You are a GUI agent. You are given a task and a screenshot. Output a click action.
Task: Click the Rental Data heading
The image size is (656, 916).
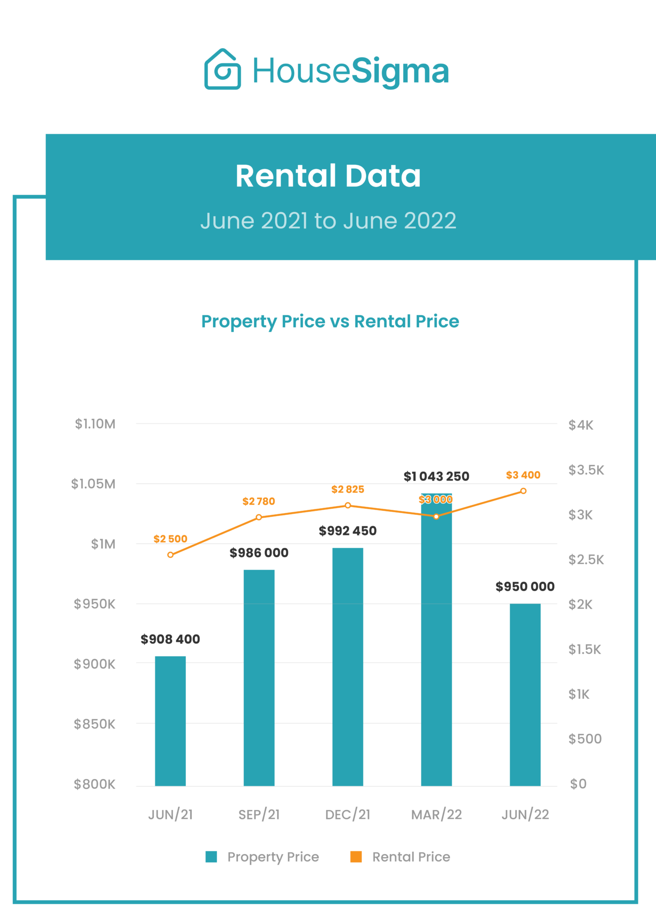click(x=328, y=176)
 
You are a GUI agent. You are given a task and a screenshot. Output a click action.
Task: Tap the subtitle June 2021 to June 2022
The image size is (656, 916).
click(x=328, y=221)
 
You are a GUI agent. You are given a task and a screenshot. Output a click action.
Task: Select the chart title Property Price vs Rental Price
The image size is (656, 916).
click(x=330, y=321)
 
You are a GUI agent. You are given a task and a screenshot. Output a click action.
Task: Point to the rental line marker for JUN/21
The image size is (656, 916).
click(x=170, y=555)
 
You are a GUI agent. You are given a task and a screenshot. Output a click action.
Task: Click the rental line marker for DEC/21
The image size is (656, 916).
click(x=348, y=505)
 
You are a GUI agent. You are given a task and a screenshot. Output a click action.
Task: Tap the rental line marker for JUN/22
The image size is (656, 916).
click(x=523, y=491)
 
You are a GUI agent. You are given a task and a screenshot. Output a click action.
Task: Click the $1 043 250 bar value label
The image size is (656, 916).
click(x=436, y=476)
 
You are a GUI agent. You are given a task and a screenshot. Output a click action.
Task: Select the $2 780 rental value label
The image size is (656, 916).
click(x=258, y=501)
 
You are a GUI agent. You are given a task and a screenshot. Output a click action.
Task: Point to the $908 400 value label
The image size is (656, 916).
click(x=170, y=639)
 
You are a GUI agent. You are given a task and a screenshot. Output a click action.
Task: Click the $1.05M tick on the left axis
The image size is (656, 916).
click(x=93, y=483)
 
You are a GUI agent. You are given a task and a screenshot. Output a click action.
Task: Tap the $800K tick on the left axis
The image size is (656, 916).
click(x=94, y=784)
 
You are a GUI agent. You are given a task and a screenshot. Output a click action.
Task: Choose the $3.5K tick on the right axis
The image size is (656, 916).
click(x=586, y=470)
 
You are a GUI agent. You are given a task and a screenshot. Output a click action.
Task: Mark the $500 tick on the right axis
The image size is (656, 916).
click(x=585, y=738)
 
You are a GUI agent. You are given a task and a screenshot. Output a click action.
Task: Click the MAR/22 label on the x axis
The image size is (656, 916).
click(x=436, y=814)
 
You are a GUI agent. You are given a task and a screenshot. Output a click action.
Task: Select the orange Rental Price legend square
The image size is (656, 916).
click(x=356, y=857)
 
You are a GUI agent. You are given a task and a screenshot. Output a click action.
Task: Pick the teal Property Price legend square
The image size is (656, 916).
click(x=211, y=857)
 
